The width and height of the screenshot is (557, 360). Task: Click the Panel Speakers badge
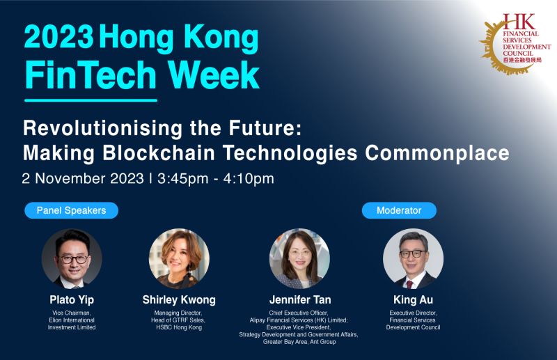[x=71, y=210]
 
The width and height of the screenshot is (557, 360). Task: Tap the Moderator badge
[x=399, y=210]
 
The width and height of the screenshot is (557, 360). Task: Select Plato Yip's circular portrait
[x=72, y=258]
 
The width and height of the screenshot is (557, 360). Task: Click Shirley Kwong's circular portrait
[x=179, y=258]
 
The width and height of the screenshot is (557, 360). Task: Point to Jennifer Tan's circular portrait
[x=299, y=258]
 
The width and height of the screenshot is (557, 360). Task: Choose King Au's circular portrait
[x=413, y=258]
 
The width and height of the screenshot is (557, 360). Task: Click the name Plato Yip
[x=72, y=300]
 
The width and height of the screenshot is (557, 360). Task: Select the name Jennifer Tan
[x=299, y=300]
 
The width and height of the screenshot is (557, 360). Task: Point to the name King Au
[x=413, y=300]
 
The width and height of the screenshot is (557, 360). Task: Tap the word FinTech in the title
[x=90, y=75]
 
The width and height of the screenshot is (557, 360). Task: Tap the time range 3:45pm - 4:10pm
[x=216, y=178]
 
